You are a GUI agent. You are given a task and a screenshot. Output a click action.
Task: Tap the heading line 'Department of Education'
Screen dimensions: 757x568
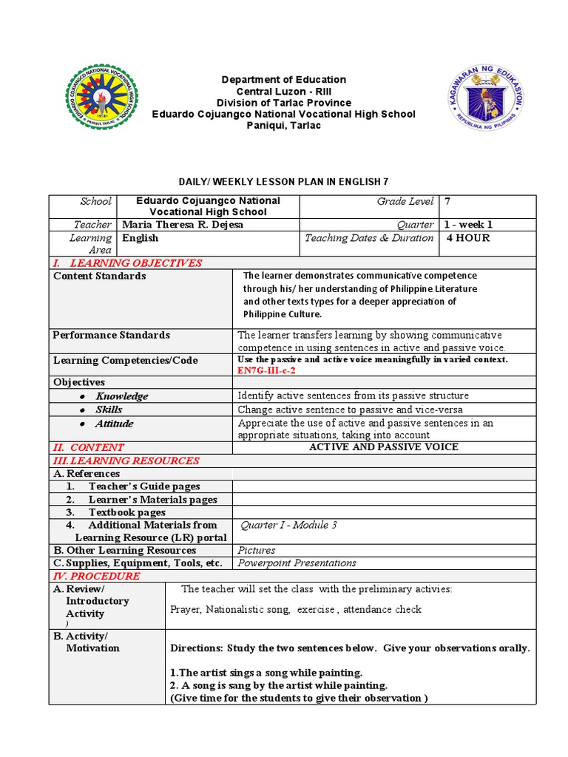(x=284, y=79)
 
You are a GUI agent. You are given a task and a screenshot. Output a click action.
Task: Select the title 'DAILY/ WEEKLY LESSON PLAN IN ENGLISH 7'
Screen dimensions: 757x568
(x=283, y=181)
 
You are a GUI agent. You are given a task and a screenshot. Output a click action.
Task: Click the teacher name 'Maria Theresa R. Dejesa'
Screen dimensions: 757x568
(x=182, y=225)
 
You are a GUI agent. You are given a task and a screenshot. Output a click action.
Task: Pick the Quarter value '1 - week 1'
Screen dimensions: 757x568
(x=469, y=225)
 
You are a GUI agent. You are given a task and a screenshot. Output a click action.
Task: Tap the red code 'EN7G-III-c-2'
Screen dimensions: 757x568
(x=266, y=370)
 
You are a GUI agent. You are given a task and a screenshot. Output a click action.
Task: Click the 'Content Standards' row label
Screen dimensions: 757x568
(x=99, y=276)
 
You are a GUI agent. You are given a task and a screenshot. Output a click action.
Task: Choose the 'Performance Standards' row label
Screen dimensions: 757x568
(x=111, y=335)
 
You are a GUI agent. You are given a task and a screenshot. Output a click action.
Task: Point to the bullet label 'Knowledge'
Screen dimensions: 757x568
(x=121, y=396)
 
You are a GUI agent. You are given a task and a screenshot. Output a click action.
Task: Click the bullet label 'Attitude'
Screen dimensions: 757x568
(x=114, y=424)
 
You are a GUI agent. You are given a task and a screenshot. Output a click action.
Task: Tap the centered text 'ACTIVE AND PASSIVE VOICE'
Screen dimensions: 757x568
(x=383, y=447)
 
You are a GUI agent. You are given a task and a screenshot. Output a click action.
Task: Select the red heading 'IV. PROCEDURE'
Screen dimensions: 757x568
(x=96, y=576)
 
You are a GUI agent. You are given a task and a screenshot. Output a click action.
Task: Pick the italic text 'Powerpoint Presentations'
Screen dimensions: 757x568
(x=297, y=563)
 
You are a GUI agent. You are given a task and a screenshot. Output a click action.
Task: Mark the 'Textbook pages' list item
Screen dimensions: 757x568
(x=127, y=512)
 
